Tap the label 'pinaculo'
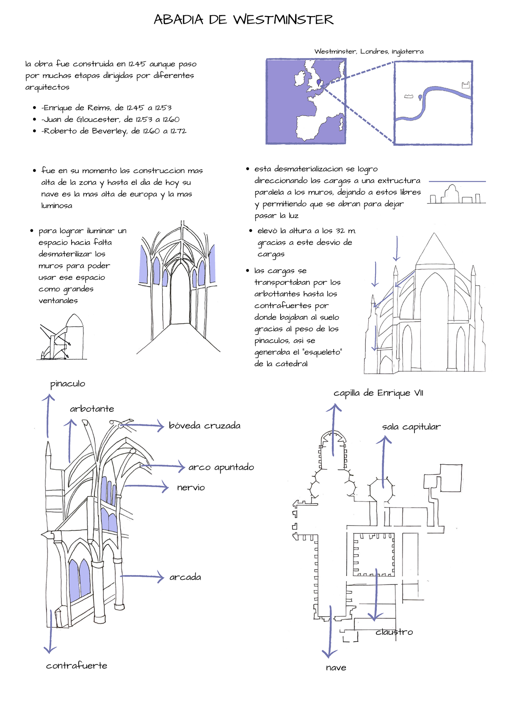point(68,384)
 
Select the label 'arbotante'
point(92,409)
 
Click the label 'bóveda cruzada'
point(204,426)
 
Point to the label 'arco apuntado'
point(221,467)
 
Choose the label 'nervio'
point(191,488)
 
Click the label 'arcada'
point(185,577)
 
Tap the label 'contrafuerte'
point(77,666)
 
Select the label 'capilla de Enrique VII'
point(378,393)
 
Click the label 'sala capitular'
point(411,427)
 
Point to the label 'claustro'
point(394,632)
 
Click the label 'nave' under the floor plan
point(336,668)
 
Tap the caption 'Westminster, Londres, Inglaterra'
point(369,52)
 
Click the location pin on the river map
point(420,98)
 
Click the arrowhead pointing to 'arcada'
point(161,576)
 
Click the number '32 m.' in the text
point(346,231)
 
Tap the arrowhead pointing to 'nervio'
point(166,487)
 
